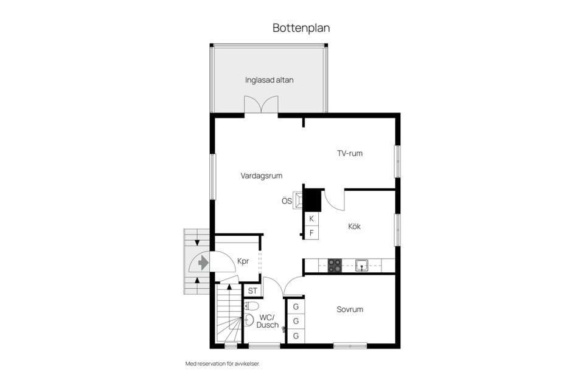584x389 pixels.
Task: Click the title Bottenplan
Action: pos(301,28)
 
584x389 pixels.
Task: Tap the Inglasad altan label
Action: pos(269,80)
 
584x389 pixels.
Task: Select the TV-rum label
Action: pos(350,153)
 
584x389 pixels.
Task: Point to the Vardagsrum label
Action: pos(261,176)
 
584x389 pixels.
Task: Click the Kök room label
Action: pos(354,226)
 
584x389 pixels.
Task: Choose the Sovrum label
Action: pos(350,309)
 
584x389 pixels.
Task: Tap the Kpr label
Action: pos(243,261)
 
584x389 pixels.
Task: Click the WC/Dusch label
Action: pos(268,321)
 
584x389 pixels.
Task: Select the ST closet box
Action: pos(252,291)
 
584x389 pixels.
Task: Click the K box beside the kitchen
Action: pos(311,218)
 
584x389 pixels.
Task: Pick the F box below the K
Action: pos(311,232)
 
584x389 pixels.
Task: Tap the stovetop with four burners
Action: pos(335,266)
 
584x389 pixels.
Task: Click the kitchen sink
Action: pos(361,265)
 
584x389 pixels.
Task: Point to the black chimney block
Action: pos(312,200)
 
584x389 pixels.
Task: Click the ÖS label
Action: pos(287,201)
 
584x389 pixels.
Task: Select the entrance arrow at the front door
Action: pos(203,263)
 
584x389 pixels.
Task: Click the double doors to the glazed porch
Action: pos(261,105)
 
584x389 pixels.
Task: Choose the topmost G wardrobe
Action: pos(296,307)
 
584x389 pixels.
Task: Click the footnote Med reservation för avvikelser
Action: pos(226,363)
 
